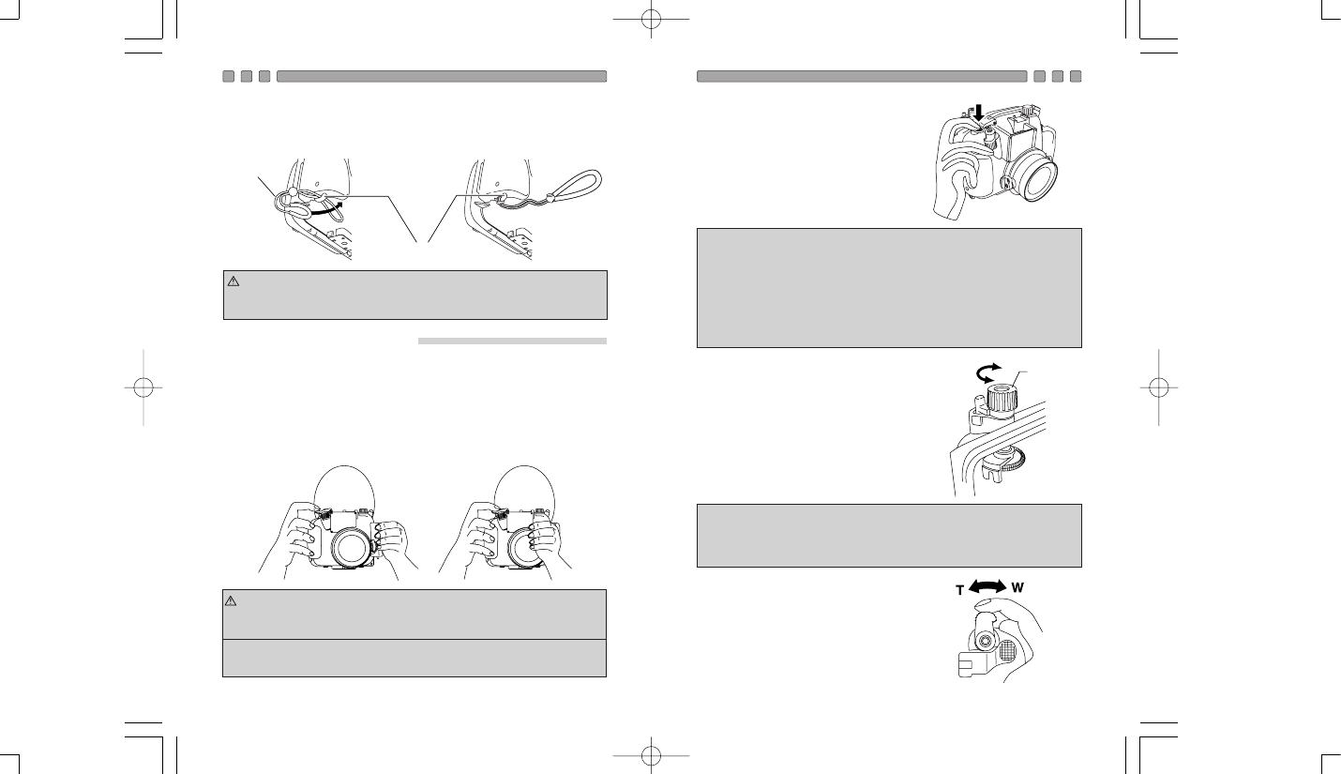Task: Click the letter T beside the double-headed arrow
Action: pyautogui.click(x=959, y=591)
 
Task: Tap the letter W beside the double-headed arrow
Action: pyautogui.click(x=1017, y=587)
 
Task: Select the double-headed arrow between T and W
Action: pyautogui.click(x=987, y=586)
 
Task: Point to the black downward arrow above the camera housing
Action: pyautogui.click(x=979, y=112)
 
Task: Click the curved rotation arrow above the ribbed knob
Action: pyautogui.click(x=987, y=372)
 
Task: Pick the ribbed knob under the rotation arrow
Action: pyautogui.click(x=1001, y=400)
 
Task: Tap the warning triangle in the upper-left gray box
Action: pyautogui.click(x=234, y=281)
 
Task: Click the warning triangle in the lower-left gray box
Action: pyautogui.click(x=231, y=600)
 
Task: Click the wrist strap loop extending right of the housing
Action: pyautogui.click(x=575, y=185)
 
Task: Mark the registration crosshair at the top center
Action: pyautogui.click(x=652, y=19)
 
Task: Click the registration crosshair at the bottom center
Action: pyautogui.click(x=652, y=755)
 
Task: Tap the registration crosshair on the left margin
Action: pyautogui.click(x=143, y=387)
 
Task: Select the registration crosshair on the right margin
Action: pyautogui.click(x=1159, y=387)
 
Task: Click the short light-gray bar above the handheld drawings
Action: pyautogui.click(x=512, y=341)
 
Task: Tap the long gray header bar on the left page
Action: pyautogui.click(x=442, y=76)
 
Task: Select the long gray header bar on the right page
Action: pyautogui.click(x=862, y=76)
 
